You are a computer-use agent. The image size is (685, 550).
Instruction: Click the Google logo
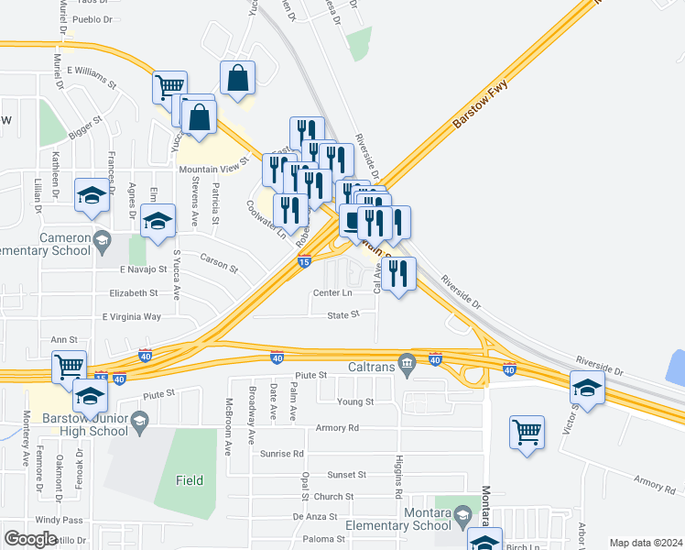(x=30, y=539)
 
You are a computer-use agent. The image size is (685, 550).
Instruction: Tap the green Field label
(x=190, y=479)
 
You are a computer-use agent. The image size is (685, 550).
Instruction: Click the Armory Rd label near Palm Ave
(x=340, y=427)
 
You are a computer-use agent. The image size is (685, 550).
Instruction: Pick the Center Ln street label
(x=332, y=293)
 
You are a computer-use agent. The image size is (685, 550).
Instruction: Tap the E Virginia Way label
(x=131, y=316)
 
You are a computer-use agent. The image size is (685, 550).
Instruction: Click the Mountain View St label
(x=213, y=166)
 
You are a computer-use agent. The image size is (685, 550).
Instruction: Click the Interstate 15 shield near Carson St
(x=303, y=262)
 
